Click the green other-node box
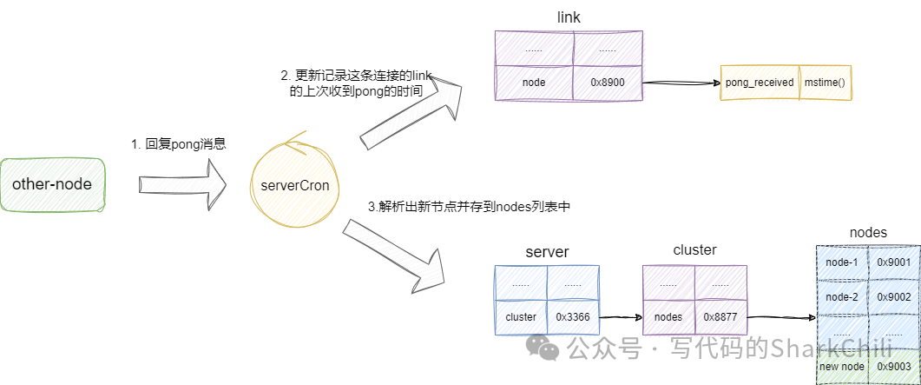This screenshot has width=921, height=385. pyautogui.click(x=52, y=184)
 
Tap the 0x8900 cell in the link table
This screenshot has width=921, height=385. pyautogui.click(x=608, y=83)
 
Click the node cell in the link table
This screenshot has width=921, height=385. pyautogui.click(x=534, y=83)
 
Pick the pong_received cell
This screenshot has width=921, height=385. pyautogui.click(x=760, y=83)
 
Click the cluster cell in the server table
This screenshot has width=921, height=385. pyautogui.click(x=521, y=317)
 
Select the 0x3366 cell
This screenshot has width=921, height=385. pyautogui.click(x=573, y=317)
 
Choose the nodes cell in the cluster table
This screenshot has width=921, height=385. pyautogui.click(x=668, y=317)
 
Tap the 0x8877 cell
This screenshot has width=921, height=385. pyautogui.click(x=720, y=317)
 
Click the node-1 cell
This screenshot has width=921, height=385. pyautogui.click(x=841, y=262)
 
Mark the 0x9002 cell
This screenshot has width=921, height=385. pyautogui.click(x=893, y=297)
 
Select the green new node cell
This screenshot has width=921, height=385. pyautogui.click(x=841, y=366)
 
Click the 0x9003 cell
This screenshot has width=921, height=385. pyautogui.click(x=893, y=366)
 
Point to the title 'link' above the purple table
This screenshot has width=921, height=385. pyautogui.click(x=569, y=17)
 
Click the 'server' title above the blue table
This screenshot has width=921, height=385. pyautogui.click(x=547, y=252)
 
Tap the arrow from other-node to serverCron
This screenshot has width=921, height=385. pyautogui.click(x=182, y=184)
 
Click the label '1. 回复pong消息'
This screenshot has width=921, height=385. pyautogui.click(x=179, y=144)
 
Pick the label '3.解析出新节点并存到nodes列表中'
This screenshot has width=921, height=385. pyautogui.click(x=469, y=207)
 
